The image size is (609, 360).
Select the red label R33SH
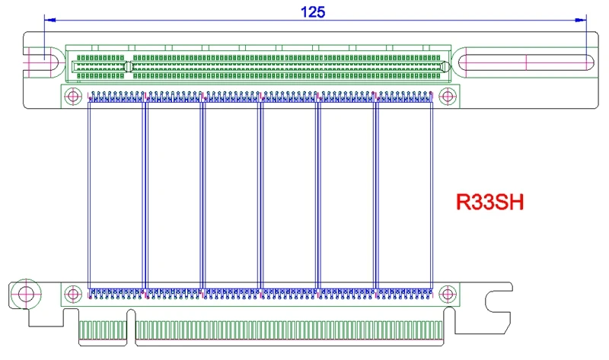click(492, 202)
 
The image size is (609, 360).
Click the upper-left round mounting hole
click(73, 96)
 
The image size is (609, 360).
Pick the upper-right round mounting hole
click(446, 96)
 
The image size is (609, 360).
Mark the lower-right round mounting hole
click(446, 294)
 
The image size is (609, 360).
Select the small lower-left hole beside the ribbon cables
click(73, 294)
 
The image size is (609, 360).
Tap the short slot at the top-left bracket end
click(43, 60)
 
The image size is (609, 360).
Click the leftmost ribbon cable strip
click(117, 196)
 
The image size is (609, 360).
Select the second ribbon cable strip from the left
click(174, 196)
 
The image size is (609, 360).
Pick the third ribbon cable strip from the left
click(231, 196)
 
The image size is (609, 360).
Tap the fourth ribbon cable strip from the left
click(289, 196)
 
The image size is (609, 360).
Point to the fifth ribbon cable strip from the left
click(346, 196)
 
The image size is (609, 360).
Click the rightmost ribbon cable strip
click(404, 196)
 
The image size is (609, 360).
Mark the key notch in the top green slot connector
click(128, 68)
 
